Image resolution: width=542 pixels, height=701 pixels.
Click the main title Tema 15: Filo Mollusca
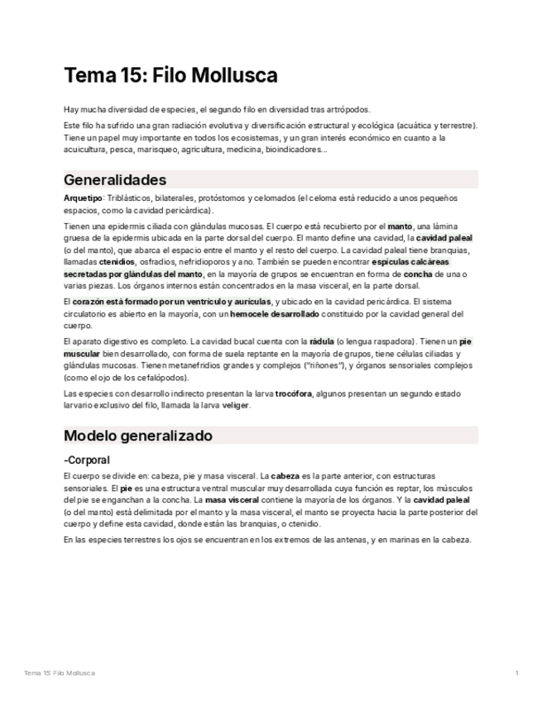(x=170, y=76)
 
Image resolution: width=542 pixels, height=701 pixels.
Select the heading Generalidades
(x=115, y=179)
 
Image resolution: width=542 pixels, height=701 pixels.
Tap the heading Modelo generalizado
(x=138, y=436)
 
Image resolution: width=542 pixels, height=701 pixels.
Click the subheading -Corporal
(x=87, y=460)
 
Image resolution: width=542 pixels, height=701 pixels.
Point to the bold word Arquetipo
(x=83, y=198)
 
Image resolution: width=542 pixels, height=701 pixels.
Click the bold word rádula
(x=322, y=341)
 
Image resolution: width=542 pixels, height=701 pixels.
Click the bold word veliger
(x=234, y=406)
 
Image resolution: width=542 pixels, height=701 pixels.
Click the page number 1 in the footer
(x=516, y=673)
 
